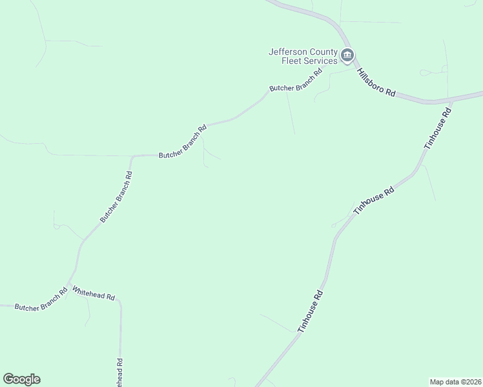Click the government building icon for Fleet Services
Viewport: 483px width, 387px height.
click(347, 55)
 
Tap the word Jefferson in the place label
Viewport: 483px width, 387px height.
click(288, 52)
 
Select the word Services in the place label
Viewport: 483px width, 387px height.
click(322, 61)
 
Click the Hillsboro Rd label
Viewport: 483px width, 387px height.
click(376, 83)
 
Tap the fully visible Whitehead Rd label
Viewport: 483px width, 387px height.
click(94, 293)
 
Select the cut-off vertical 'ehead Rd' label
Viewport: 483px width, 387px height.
click(119, 372)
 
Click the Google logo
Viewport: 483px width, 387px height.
click(21, 379)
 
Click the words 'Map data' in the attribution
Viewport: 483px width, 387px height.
click(444, 382)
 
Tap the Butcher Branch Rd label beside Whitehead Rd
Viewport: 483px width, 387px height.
click(41, 300)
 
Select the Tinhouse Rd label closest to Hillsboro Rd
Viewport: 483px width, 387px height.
click(437, 128)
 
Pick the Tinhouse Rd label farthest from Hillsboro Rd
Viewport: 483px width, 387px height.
click(310, 312)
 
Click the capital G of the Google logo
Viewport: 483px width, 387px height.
click(8, 379)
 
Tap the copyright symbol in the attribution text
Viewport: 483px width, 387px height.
click(460, 382)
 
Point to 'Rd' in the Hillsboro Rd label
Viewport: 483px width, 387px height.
click(390, 92)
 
